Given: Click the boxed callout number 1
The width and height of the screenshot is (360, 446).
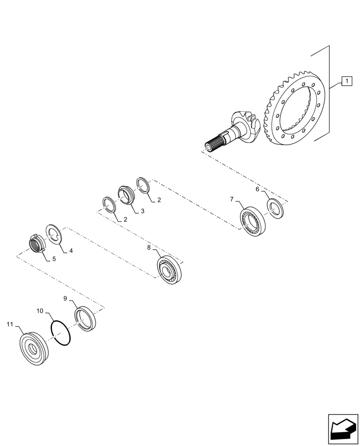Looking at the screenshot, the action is click(346, 81).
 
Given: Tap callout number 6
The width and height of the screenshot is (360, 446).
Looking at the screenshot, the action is click(258, 189).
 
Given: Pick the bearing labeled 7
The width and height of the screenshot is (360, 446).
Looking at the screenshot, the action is click(252, 220).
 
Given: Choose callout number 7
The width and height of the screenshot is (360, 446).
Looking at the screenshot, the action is click(232, 199).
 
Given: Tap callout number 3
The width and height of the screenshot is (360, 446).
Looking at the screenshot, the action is click(142, 211).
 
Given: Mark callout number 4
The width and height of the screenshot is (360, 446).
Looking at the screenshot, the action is click(70, 251).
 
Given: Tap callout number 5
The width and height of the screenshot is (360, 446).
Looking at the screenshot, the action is click(54, 259).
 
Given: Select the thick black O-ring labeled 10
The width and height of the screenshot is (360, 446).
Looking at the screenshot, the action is click(61, 334).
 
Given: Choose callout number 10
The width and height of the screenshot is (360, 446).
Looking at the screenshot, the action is click(40, 310).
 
